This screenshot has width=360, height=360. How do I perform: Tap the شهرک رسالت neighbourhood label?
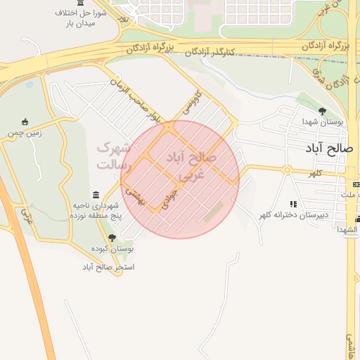tap(113, 156)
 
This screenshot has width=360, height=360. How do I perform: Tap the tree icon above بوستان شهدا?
tap(323, 111)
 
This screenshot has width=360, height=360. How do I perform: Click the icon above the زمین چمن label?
tap(25, 122)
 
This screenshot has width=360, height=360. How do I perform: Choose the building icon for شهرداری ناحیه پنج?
tap(96, 195)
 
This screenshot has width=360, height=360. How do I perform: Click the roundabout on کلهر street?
tap(287, 169)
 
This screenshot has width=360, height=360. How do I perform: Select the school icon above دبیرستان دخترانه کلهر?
tap(293, 204)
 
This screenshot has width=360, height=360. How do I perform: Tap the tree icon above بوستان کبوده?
tap(111, 238)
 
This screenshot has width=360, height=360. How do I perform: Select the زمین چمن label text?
tap(26, 132)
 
